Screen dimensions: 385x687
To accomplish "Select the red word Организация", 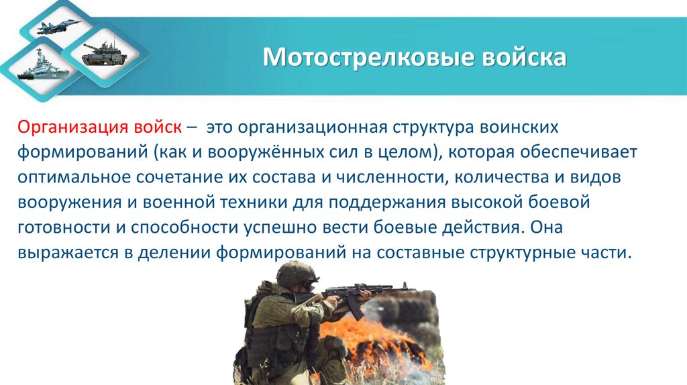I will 68,127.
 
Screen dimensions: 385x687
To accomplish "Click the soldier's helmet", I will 296,272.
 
